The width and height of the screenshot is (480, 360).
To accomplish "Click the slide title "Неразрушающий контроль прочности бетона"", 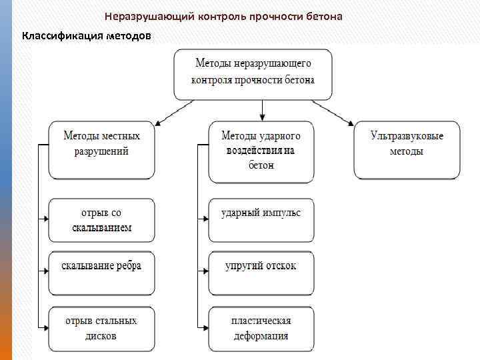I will click(223, 16).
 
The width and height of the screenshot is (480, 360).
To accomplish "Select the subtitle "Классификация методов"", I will click(87, 35).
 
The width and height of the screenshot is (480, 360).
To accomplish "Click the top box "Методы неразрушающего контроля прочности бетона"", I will click(253, 74).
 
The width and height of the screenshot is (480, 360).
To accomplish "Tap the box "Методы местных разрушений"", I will click(101, 150).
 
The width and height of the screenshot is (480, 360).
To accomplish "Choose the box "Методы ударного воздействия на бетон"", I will click(261, 151).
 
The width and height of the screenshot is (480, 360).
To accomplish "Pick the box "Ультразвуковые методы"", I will click(407, 150).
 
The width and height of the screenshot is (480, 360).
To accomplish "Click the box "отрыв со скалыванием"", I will click(101, 220).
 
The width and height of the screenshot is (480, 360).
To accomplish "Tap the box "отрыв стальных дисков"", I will click(101, 328).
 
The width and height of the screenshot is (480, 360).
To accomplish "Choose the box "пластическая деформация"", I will click(261, 328).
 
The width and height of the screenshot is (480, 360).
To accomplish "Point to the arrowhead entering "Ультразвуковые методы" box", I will click(351, 123).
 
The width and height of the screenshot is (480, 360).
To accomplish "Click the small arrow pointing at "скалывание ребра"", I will click(45, 271).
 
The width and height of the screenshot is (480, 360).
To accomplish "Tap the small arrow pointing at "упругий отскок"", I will click(204, 271).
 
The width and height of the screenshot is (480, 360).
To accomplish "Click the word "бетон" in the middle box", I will click(261, 165).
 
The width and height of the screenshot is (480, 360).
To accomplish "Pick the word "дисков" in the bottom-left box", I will click(101, 335).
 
